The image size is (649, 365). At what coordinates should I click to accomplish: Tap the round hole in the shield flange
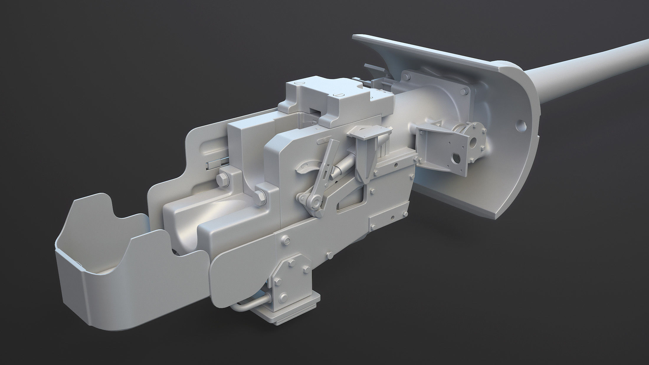pyautogui.click(x=521, y=125)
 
